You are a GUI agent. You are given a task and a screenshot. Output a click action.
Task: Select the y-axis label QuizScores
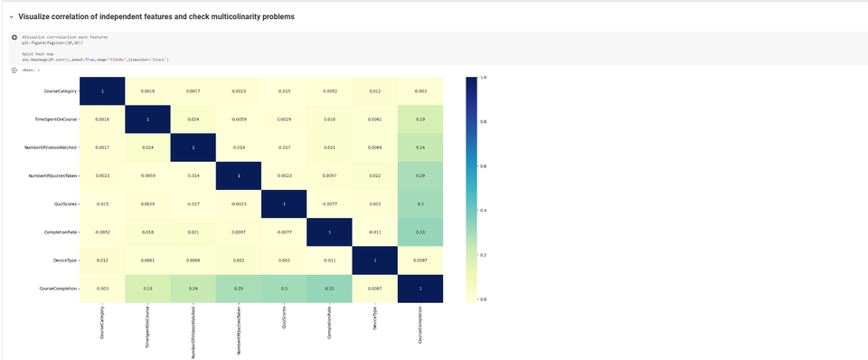click(x=66, y=204)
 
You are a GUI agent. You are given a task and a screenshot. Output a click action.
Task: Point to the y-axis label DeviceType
click(x=66, y=261)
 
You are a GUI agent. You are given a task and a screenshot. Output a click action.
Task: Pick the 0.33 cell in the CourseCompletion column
click(x=420, y=232)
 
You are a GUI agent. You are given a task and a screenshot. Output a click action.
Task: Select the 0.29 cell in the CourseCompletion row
click(x=239, y=289)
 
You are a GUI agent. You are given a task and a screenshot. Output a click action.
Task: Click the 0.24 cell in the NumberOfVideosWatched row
click(x=420, y=147)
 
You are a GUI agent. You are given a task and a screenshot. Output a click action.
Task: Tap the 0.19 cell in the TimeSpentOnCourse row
click(x=420, y=119)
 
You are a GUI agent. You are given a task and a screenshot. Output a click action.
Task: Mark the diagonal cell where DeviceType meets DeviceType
click(x=375, y=261)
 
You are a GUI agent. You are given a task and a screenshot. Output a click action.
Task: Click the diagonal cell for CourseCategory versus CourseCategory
click(x=102, y=91)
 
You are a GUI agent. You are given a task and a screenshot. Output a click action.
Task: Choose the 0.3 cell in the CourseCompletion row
click(x=284, y=289)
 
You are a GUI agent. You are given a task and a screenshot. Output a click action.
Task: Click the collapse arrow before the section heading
click(x=11, y=17)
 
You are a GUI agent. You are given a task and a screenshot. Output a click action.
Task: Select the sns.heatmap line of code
click(x=96, y=60)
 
